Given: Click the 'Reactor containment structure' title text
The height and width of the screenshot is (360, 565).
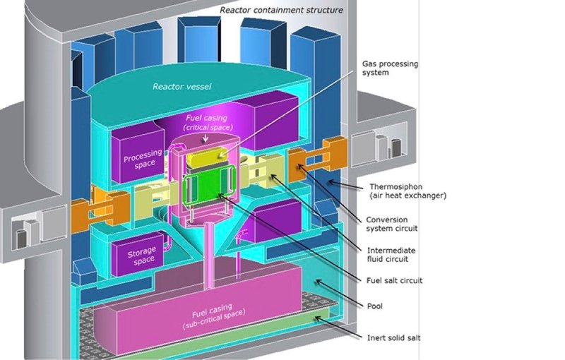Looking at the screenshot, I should (281, 10).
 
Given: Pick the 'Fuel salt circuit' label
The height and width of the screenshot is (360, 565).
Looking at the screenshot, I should (395, 280).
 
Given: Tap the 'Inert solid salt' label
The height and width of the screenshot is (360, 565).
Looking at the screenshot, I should (394, 338).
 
